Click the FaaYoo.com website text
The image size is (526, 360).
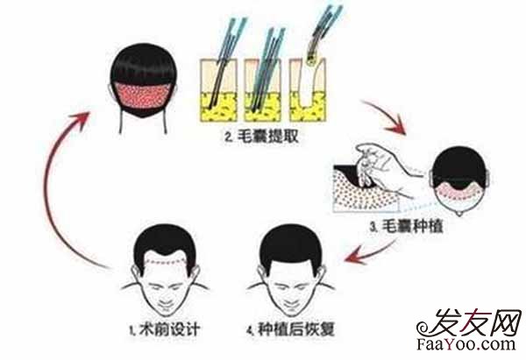pos(466,344)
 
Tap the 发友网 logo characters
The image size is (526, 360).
pos(476,322)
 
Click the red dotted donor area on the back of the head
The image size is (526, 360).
pos(143,95)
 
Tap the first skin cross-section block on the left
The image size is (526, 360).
pos(218,90)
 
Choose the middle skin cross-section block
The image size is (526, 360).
pos(263,90)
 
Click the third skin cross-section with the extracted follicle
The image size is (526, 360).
pos(308,90)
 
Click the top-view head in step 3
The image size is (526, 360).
pos(459,181)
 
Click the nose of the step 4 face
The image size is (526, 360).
pos(291,295)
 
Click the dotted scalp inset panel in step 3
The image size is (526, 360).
pos(366,189)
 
